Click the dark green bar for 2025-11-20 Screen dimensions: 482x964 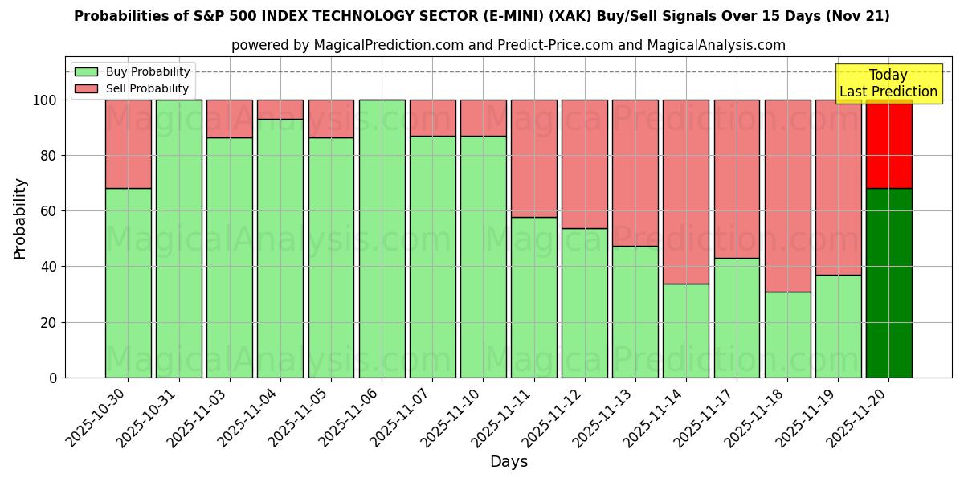pos(888,283)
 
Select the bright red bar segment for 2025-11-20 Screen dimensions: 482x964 pos(888,145)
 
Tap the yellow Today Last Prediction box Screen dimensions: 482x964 pos(888,84)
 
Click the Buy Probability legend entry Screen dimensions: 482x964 pos(133,71)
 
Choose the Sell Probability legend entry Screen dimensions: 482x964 pos(133,88)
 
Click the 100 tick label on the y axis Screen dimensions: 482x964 pos(43,100)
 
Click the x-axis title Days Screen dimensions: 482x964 pos(509,462)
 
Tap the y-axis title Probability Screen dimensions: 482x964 pos(20,219)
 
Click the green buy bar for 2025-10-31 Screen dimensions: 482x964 pos(179,239)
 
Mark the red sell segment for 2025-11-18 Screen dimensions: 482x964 pos(787,195)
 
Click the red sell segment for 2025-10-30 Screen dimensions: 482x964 pos(129,144)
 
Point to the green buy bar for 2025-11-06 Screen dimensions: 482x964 pos(382,239)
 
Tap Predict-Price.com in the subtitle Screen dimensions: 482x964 pos(555,45)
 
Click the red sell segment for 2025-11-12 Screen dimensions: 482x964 pos(585,164)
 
